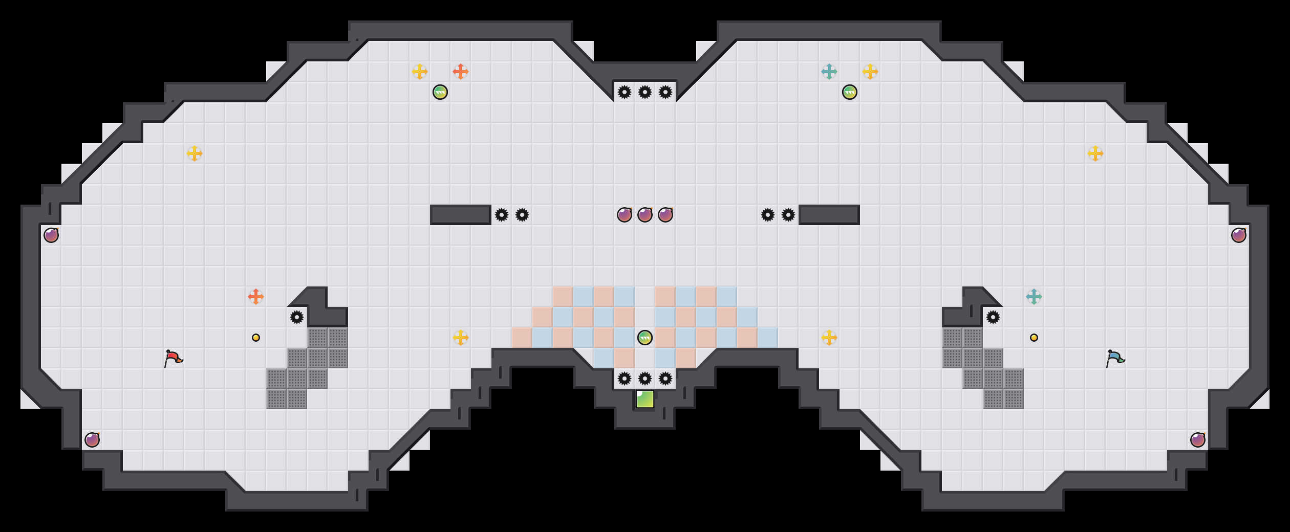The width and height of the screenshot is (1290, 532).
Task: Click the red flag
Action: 173,358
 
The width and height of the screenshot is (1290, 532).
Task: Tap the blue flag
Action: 1115,358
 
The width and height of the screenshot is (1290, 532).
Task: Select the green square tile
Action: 645,399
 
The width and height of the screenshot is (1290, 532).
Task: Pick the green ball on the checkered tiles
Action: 645,338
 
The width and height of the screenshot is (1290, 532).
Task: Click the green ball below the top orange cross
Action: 440,92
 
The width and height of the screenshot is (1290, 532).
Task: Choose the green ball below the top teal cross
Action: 850,92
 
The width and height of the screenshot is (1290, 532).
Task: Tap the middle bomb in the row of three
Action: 645,215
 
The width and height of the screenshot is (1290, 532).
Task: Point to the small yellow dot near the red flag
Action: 256,338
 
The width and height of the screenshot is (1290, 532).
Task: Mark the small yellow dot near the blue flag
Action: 1034,338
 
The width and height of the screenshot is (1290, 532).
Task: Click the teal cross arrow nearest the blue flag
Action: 1034,297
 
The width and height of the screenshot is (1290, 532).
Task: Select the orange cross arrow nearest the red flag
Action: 256,297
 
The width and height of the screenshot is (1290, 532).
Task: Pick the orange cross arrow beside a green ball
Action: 461,72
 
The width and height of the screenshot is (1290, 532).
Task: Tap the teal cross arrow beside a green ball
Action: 829,72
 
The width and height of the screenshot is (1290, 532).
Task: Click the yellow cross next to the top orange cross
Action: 420,72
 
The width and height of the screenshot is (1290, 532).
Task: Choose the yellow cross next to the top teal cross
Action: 870,72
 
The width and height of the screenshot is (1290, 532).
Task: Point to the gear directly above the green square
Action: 645,379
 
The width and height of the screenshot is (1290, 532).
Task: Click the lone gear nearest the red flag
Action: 297,317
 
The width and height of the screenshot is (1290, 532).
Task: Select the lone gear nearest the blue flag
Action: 993,317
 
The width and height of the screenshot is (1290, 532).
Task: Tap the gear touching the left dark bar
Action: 502,215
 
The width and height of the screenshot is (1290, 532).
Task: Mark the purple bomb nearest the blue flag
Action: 1198,440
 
